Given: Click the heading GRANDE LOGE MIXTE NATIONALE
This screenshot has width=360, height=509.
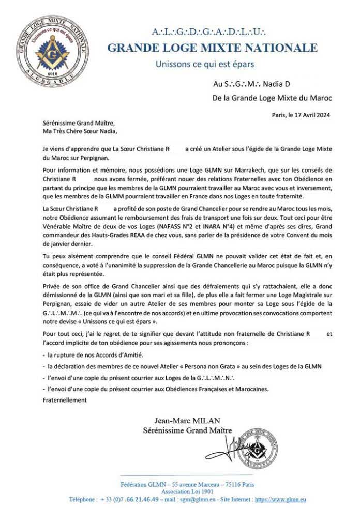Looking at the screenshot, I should point(212,49).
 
